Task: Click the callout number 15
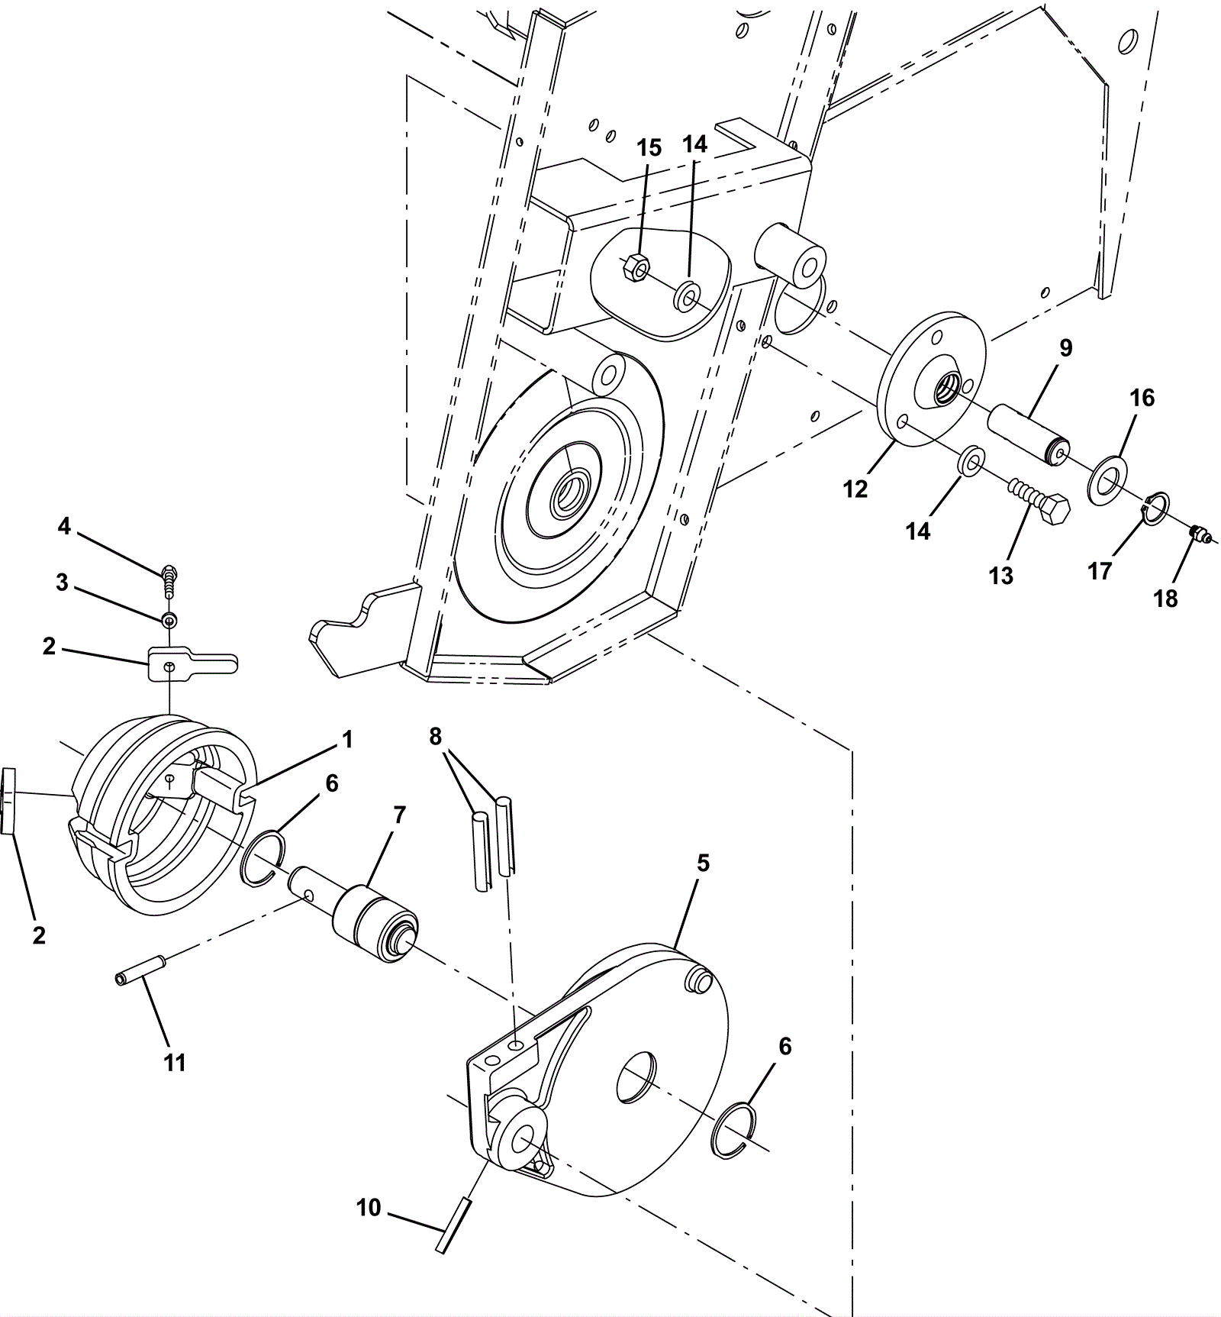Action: pos(649,148)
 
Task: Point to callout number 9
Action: pos(1065,348)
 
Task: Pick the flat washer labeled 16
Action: pos(1105,479)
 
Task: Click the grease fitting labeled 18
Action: pos(1201,534)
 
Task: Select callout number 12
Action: pos(855,489)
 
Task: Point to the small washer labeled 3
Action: pos(169,619)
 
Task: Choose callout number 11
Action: pos(175,1062)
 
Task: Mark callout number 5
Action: pos(703,863)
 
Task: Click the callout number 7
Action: pos(399,815)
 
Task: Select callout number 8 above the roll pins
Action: pos(435,736)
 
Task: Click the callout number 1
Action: pos(347,739)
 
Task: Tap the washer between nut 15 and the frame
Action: pos(688,295)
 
